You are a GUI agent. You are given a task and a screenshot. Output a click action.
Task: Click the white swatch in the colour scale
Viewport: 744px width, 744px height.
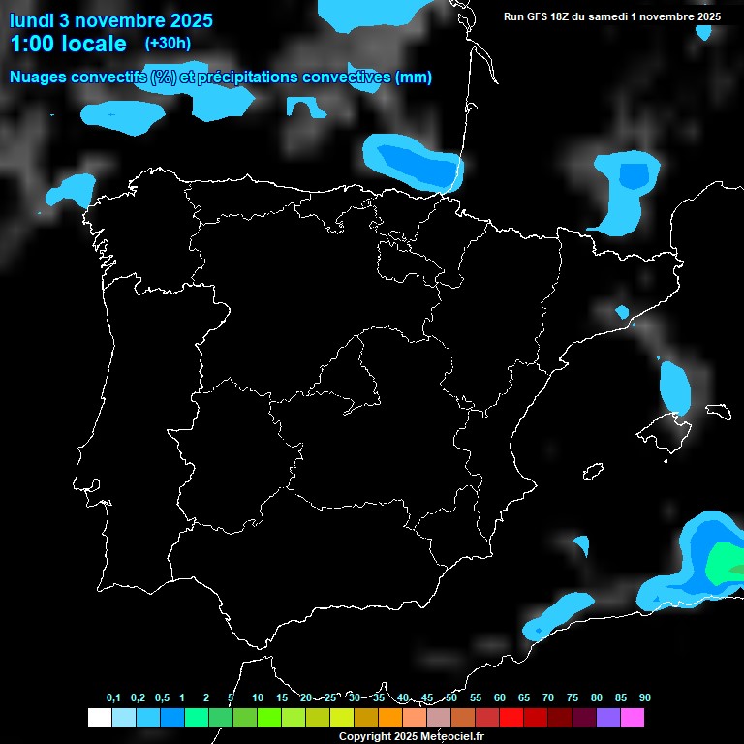click(99, 717)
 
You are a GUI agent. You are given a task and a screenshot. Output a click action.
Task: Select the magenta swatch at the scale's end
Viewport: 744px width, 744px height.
click(633, 717)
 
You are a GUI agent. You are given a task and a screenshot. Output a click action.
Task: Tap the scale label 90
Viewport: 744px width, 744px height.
click(644, 697)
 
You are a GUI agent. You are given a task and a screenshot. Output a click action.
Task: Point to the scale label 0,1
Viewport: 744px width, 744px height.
click(113, 697)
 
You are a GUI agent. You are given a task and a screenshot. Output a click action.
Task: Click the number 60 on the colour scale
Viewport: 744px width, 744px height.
click(500, 697)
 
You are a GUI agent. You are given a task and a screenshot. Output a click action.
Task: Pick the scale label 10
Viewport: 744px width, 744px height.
click(258, 697)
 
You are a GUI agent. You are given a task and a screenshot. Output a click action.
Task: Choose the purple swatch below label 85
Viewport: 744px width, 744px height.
click(608, 717)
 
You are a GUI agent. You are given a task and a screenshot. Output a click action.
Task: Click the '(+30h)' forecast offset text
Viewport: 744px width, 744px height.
click(168, 43)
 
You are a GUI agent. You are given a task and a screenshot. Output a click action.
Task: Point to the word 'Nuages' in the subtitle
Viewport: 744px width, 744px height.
click(39, 77)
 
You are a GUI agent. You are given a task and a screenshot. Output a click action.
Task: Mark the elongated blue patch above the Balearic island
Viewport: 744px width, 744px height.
click(674, 385)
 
